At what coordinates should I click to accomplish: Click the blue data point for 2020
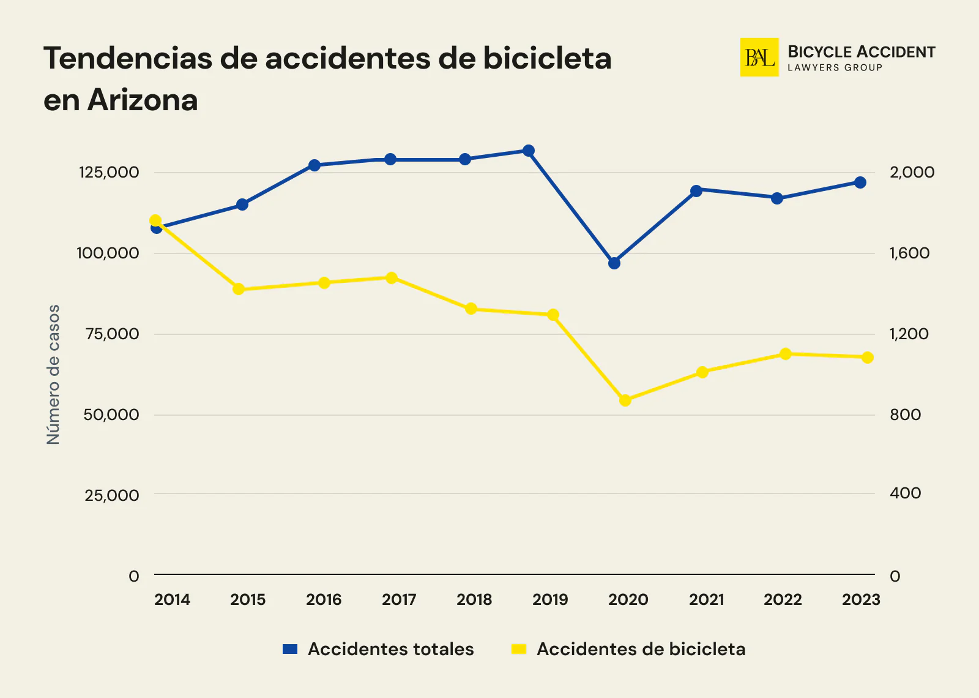click(x=614, y=263)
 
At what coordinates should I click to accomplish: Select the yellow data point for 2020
click(x=625, y=400)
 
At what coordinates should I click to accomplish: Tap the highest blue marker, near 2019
click(x=529, y=151)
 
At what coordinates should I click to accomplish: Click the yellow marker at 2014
click(x=155, y=220)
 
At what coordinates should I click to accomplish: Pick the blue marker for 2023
click(x=860, y=182)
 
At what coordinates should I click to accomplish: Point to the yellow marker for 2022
click(x=786, y=354)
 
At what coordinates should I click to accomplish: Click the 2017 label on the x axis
click(x=399, y=599)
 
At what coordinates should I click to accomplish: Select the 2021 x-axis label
click(x=706, y=599)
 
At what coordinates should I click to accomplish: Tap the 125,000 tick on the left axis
click(x=109, y=172)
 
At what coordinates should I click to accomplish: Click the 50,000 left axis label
click(x=111, y=415)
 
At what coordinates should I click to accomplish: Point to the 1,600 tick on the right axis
click(x=909, y=253)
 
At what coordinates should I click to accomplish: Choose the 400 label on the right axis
click(x=905, y=493)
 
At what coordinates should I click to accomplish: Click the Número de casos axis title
click(x=54, y=374)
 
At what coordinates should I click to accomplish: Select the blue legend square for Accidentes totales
click(x=290, y=649)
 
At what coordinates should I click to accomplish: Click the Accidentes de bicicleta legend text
click(x=641, y=649)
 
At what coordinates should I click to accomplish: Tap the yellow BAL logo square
click(x=759, y=58)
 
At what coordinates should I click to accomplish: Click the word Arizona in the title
click(x=143, y=100)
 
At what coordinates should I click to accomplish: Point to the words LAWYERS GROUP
click(x=835, y=68)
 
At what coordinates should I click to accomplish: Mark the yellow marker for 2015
click(x=239, y=289)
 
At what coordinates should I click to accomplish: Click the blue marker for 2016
click(x=315, y=165)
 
